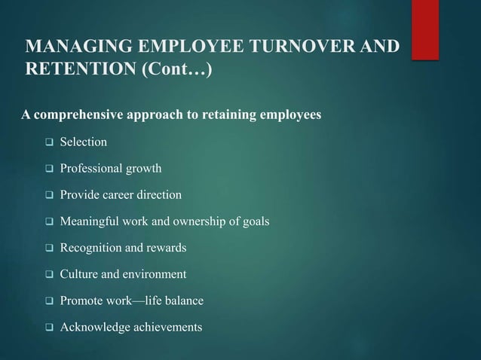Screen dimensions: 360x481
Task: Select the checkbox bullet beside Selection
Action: (47, 142)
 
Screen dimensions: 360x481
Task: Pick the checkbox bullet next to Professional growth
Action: (47, 169)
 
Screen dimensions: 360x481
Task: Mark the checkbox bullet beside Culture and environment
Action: (47, 275)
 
